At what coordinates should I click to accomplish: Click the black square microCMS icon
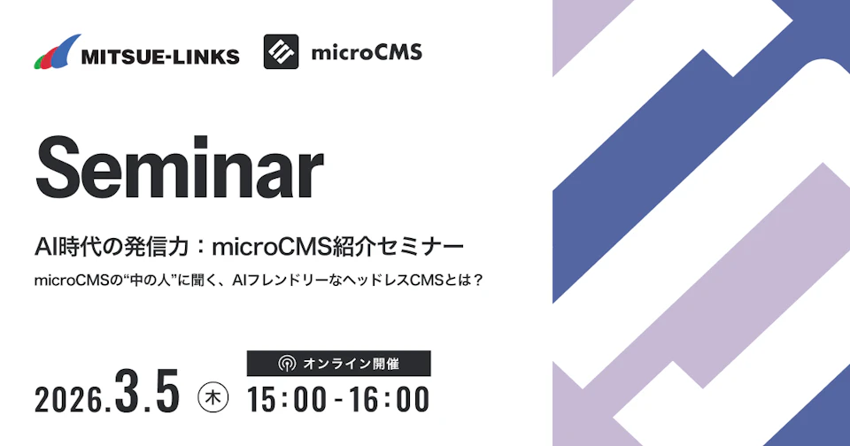point(281,52)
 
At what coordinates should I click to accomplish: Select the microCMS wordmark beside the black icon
point(367,53)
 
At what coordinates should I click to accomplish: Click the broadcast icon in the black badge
point(286,364)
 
